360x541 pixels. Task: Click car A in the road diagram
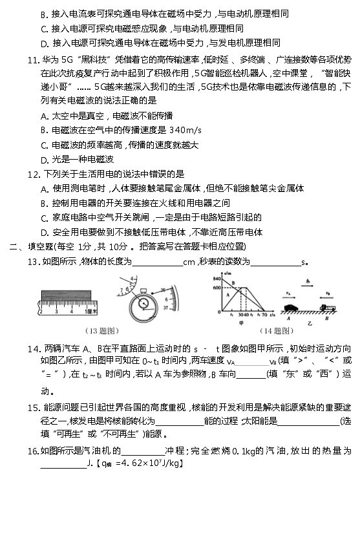click(x=291, y=308)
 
